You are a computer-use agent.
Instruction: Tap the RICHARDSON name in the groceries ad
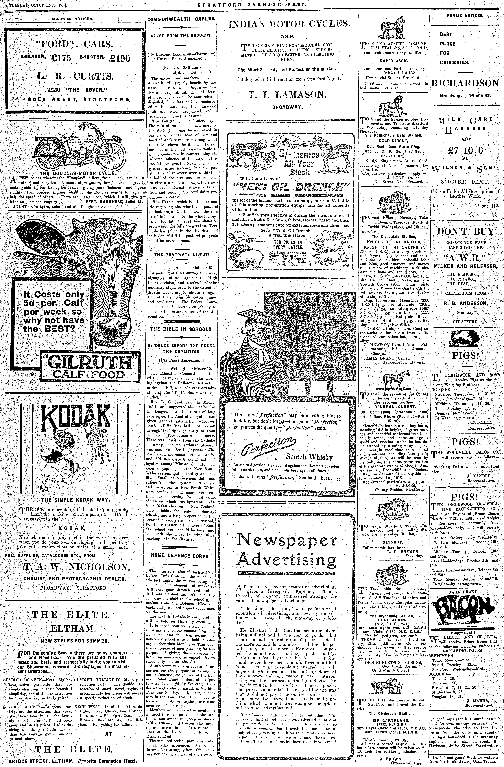[465, 83]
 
